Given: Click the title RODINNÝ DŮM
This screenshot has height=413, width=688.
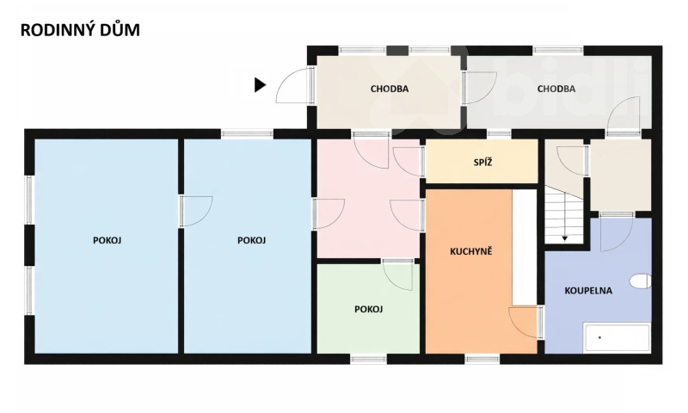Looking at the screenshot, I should (x=80, y=31).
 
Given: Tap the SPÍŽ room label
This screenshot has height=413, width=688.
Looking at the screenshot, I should (x=482, y=162).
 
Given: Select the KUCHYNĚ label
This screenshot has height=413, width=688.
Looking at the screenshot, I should (x=471, y=252).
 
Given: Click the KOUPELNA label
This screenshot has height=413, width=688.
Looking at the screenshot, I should (x=588, y=291).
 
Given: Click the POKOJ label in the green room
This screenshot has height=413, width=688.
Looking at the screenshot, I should (x=368, y=309).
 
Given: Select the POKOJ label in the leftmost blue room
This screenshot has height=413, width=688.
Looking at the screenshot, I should (x=107, y=240).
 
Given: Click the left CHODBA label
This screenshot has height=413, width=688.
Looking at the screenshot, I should (x=389, y=89).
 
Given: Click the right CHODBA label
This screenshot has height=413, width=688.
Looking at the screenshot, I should (x=556, y=89).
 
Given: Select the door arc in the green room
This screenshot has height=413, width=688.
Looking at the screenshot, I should (x=397, y=275).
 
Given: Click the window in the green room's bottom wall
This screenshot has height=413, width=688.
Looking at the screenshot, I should (x=368, y=358).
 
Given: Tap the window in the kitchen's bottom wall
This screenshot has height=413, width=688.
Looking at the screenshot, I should (x=482, y=358).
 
